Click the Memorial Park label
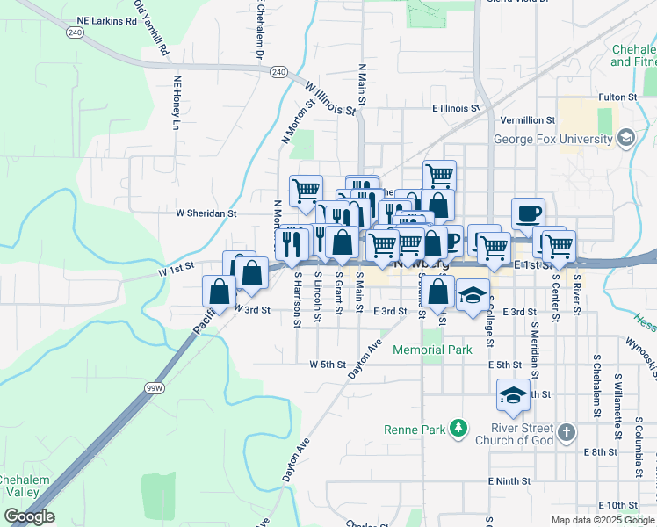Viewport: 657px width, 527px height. tap(432, 350)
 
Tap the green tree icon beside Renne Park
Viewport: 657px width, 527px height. tap(457, 429)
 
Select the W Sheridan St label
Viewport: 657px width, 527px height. tap(206, 213)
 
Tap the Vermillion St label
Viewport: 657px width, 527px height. tap(528, 119)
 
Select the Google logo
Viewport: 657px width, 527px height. tap(28, 517)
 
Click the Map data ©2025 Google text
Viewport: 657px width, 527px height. tap(602, 520)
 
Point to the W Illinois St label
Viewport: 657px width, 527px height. tap(330, 97)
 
